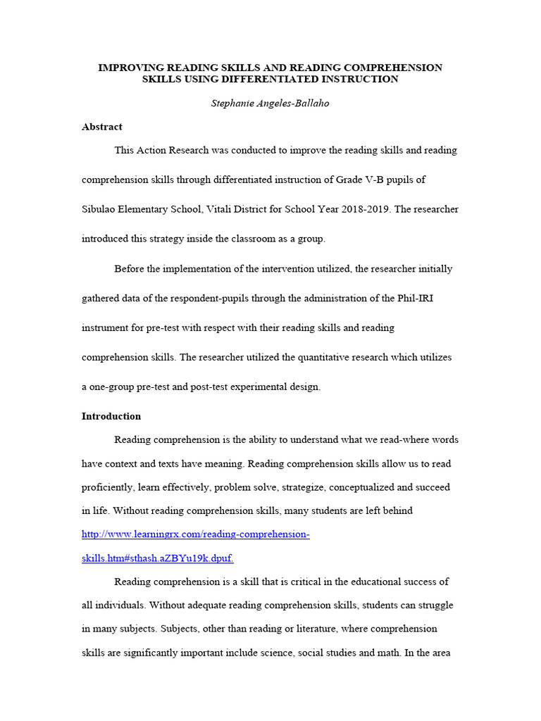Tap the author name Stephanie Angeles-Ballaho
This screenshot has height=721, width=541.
(x=270, y=104)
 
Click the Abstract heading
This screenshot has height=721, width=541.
(x=102, y=127)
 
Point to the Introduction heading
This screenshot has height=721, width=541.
(x=111, y=416)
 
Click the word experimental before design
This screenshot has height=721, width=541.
(x=260, y=387)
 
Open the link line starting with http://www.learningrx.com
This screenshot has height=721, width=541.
(x=196, y=534)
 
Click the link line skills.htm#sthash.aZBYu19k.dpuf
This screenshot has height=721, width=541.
(x=157, y=558)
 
